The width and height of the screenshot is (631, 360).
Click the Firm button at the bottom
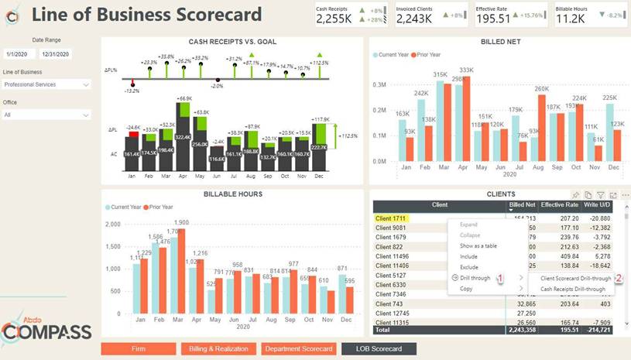pos(139,350)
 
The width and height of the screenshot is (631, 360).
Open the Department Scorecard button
pos(298,350)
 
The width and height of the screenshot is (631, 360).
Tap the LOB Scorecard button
pos(379,350)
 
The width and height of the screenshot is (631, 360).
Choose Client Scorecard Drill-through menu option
pos(575,278)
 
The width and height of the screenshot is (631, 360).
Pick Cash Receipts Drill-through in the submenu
pos(572,289)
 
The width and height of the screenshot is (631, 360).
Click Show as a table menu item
pos(478,246)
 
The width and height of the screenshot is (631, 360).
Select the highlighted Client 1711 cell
pos(391,219)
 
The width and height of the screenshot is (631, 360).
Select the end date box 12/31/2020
pos(56,54)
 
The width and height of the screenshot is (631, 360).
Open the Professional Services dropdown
pos(46,84)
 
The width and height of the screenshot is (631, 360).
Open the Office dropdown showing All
pos(46,115)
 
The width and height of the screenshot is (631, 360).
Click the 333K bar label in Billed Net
pos(466,70)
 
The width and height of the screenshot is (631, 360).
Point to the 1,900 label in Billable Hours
pos(181,222)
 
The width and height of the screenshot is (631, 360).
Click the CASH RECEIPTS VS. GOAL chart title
pos(232,42)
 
